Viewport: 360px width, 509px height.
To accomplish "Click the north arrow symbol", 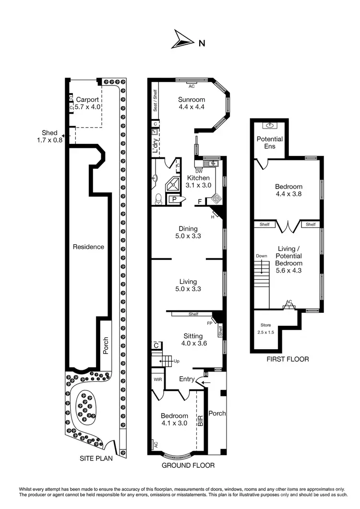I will tap(182, 40).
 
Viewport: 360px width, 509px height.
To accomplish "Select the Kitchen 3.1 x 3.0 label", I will tap(198, 181).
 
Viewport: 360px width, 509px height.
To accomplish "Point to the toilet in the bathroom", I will tap(159, 197).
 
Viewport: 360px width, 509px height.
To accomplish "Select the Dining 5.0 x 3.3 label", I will tap(188, 233).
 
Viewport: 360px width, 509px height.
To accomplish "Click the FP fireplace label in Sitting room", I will tap(209, 323).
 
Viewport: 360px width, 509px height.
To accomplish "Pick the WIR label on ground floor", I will tap(157, 379).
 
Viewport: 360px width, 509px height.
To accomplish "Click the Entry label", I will tap(186, 379).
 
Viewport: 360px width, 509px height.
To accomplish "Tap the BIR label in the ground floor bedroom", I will tap(201, 420).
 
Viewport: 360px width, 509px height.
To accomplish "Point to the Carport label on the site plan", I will tap(87, 100).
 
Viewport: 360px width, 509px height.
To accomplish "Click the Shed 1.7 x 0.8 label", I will tap(49, 136).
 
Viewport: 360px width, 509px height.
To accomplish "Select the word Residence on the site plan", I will tap(88, 247).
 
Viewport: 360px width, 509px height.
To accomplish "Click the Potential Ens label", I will tap(270, 142).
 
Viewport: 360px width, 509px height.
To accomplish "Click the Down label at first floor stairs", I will tap(262, 256).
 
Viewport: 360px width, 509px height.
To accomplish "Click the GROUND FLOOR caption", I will tap(188, 465).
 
